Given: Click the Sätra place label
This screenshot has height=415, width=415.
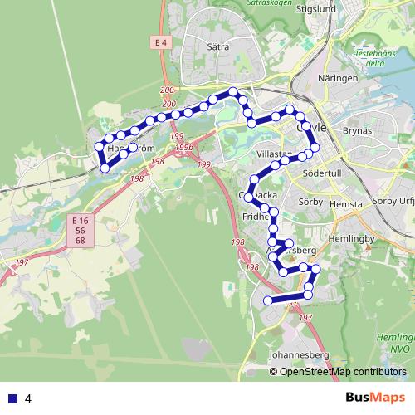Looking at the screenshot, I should coord(217,48).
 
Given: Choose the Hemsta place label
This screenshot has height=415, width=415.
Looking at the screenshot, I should coord(346,203).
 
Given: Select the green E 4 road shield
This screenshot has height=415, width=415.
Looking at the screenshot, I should coord(161,41).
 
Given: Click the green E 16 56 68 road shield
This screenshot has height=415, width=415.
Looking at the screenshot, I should coord(80,228).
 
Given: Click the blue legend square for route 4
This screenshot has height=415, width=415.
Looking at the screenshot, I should coord(12,398).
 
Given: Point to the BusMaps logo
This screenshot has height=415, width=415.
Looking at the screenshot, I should coord(376,398).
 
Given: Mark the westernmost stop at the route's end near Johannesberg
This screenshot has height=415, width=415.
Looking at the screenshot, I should coord(267,300).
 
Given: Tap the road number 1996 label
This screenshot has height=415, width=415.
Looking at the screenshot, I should coord(183,147).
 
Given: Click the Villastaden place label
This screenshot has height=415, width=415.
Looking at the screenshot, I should coord(275,154).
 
